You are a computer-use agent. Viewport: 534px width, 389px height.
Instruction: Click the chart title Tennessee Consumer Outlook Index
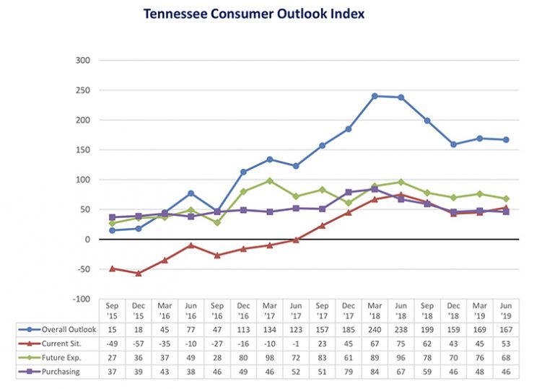pyautogui.click(x=253, y=14)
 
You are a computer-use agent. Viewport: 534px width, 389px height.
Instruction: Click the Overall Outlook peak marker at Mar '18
pyautogui.click(x=375, y=95)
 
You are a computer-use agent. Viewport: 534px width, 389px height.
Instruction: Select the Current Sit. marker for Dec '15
pyautogui.click(x=138, y=274)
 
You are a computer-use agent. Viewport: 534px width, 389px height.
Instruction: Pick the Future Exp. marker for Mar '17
pyautogui.click(x=269, y=180)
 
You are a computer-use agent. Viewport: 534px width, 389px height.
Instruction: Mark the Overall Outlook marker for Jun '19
pyautogui.click(x=506, y=139)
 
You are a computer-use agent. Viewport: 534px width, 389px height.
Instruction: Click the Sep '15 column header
pyautogui.click(x=112, y=310)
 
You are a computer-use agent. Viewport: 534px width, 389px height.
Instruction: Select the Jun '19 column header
pyautogui.click(x=506, y=310)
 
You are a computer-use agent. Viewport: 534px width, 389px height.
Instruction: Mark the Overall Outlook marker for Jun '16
pyautogui.click(x=191, y=193)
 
